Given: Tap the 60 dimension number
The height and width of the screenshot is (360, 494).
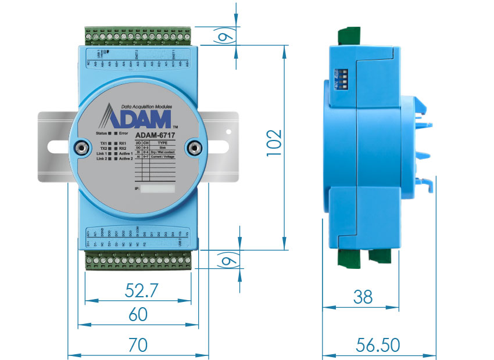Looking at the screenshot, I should pyautogui.click(x=138, y=315).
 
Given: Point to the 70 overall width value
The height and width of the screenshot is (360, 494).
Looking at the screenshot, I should pyautogui.click(x=138, y=345).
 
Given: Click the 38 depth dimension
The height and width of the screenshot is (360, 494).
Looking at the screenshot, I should pyautogui.click(x=363, y=297).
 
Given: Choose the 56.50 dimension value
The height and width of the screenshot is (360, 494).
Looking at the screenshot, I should pyautogui.click(x=379, y=345).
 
